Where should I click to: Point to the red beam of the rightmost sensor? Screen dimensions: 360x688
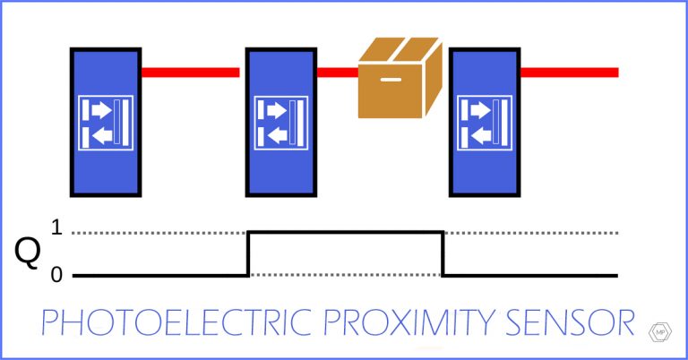[568, 72]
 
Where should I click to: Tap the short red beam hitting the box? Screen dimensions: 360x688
[336, 72]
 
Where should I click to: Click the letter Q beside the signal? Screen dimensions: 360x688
[28, 253]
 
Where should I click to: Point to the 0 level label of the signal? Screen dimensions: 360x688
[56, 275]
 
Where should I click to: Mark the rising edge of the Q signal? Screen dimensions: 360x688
[248, 253]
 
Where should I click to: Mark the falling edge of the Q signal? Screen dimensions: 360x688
[443, 253]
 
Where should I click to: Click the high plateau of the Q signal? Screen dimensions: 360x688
[345, 232]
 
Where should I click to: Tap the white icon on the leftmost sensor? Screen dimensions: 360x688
[105, 123]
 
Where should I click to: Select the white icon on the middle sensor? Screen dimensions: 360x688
[280, 123]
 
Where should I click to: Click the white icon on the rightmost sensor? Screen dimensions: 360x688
[484, 123]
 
